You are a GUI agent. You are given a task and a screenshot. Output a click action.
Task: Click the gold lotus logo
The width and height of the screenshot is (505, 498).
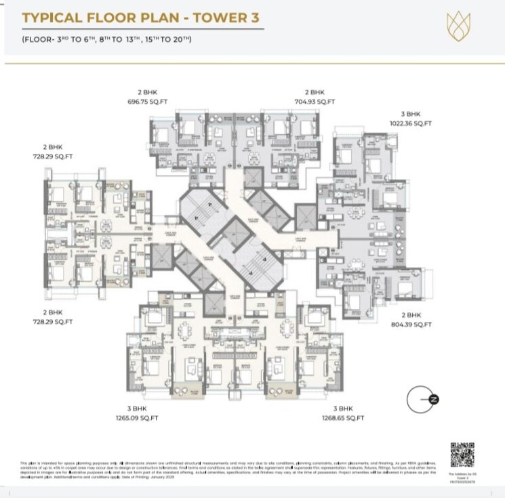[x=458, y=25]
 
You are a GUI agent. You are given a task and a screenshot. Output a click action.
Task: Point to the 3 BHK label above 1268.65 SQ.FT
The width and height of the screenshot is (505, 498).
[x=343, y=409]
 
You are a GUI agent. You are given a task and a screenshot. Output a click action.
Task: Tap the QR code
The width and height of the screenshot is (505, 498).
[x=462, y=454]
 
